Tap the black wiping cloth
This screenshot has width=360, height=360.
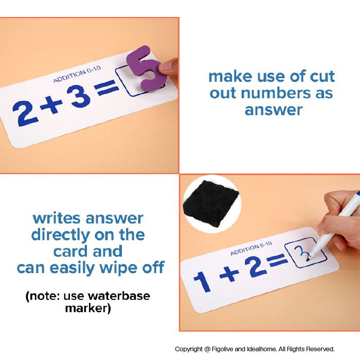click(x=211, y=203)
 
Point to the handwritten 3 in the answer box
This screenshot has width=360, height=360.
click(x=300, y=253)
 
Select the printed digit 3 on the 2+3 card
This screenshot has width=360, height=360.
click(x=79, y=97)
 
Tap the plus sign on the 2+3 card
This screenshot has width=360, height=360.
click(x=51, y=105)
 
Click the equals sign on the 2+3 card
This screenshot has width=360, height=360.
click(x=106, y=87)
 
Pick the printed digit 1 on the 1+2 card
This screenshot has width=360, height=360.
click(x=202, y=281)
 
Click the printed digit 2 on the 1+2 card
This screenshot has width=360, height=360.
click(x=255, y=266)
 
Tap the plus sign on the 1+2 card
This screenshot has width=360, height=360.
click(x=229, y=274)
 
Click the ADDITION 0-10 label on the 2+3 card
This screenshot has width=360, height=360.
click(x=77, y=74)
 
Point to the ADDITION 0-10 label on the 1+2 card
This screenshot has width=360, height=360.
click(x=251, y=248)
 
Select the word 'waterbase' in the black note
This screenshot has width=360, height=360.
click(x=119, y=296)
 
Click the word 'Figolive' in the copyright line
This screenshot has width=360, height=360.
click(x=223, y=349)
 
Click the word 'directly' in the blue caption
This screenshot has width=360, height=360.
click(x=61, y=235)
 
